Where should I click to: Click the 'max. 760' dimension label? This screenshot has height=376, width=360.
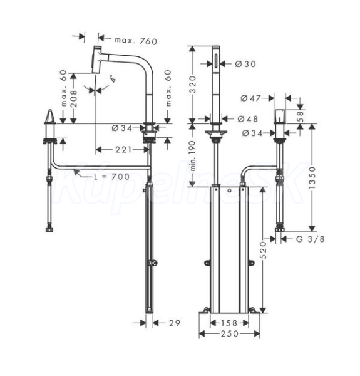point(136,41)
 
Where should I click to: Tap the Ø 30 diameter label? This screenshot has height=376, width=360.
point(245,64)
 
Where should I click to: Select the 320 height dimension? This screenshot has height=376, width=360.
point(193,84)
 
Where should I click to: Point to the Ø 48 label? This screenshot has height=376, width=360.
point(248,118)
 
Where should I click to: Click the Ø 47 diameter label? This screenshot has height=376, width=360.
point(250,98)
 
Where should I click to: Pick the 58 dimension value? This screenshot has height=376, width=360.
point(300,116)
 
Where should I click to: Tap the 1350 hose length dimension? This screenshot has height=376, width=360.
point(312,178)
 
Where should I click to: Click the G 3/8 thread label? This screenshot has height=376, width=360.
point(311,239)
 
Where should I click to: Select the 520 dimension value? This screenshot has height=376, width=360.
point(264,250)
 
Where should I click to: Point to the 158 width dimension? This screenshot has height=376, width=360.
point(229,323)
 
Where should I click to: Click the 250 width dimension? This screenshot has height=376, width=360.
point(230,333)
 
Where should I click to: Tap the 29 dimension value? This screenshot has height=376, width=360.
point(175,323)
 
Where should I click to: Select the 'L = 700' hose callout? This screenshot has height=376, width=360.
point(111,177)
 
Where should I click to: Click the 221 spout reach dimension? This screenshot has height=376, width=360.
point(123,150)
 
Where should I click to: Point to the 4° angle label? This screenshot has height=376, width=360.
point(113,78)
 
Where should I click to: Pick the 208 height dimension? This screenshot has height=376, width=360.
point(75,98)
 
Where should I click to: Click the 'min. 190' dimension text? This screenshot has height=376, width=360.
point(193,156)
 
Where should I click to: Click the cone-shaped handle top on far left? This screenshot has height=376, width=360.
point(50,117)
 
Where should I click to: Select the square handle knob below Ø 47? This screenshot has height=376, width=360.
point(280,117)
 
